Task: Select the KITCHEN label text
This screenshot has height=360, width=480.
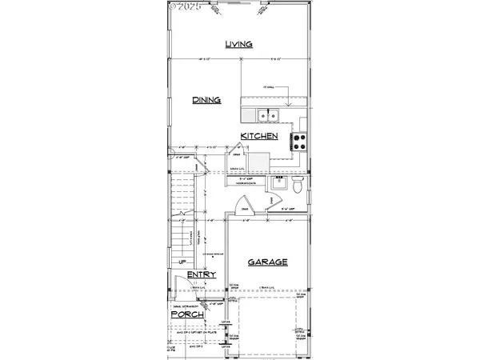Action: (x=261, y=136)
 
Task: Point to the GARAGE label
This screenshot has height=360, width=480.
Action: (x=266, y=262)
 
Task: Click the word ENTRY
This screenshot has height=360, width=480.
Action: (x=201, y=275)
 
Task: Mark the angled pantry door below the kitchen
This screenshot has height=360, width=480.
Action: (x=237, y=152)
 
